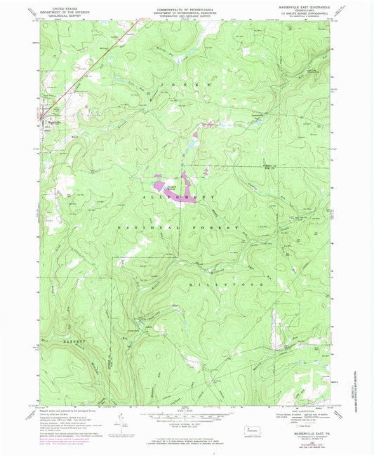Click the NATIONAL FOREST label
coord(178,228)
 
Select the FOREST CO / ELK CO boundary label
coord(271,167)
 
